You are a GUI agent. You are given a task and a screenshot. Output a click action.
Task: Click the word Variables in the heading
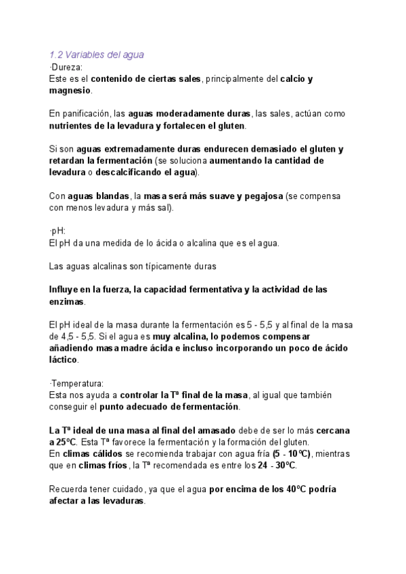pos(85,54)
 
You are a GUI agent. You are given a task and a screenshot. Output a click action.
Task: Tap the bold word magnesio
pos(70,90)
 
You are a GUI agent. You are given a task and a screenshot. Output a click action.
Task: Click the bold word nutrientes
pos(73,126)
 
